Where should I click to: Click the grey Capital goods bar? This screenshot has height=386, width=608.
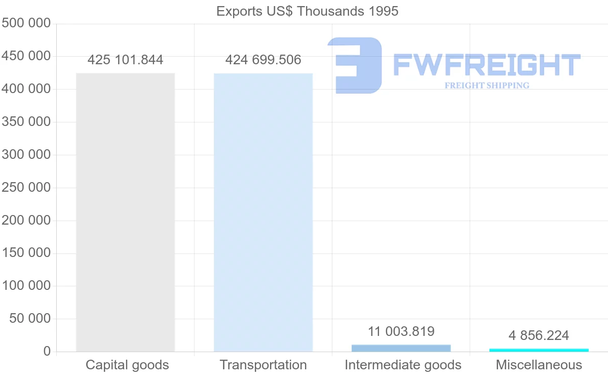coord(125,212)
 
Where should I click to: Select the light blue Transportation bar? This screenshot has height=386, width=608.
coord(263,212)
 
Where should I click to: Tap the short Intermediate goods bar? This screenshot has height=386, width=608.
coord(401,348)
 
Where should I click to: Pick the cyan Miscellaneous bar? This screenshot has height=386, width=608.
coord(539,350)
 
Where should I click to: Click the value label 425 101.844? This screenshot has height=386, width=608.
coord(125,60)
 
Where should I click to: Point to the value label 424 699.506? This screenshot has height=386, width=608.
coord(263,60)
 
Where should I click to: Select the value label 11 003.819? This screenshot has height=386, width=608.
coord(401,332)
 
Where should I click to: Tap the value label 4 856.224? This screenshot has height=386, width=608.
coord(539,335)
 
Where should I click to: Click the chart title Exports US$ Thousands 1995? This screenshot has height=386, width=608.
coord(307,11)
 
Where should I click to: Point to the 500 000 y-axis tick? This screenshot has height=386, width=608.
coord(26,23)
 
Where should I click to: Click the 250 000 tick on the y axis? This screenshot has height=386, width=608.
coord(26,188)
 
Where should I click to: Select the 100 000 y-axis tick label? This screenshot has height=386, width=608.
coord(26,286)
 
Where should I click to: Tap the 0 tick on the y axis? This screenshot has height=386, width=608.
coord(47,352)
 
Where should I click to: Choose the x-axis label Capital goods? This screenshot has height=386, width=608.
coord(127,365)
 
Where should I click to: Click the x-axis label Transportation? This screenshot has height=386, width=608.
coord(263,365)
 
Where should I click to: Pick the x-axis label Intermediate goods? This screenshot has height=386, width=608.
coord(403,365)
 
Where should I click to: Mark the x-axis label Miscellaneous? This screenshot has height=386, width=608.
coord(539,365)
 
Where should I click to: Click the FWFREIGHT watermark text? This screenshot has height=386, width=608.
coord(486,65)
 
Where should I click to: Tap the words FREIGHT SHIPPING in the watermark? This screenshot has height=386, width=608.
coord(486,85)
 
